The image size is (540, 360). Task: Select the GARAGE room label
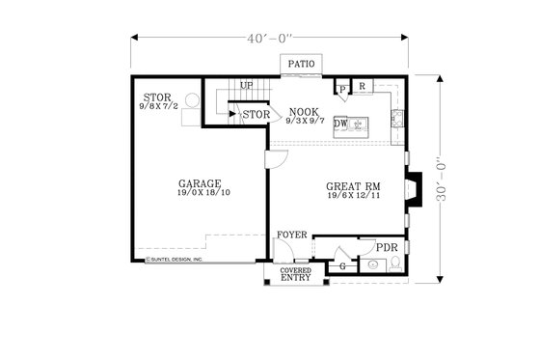pos(200,182)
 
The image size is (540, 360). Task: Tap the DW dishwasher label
pos(340,124)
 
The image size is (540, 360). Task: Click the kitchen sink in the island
pos(359,124)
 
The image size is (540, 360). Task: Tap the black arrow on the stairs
pos(234,114)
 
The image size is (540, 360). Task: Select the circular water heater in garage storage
pos(191,98)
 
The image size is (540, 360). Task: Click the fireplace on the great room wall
pos(412,187)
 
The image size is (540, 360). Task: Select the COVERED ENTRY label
pos(296,275)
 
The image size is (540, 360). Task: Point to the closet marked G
pos(342,263)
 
